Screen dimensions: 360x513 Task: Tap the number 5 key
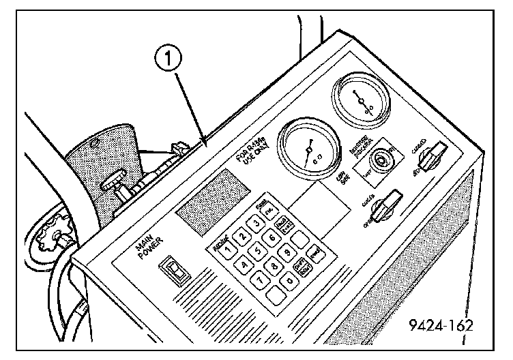[259, 250]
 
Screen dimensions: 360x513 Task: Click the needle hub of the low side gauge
[308, 148]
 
